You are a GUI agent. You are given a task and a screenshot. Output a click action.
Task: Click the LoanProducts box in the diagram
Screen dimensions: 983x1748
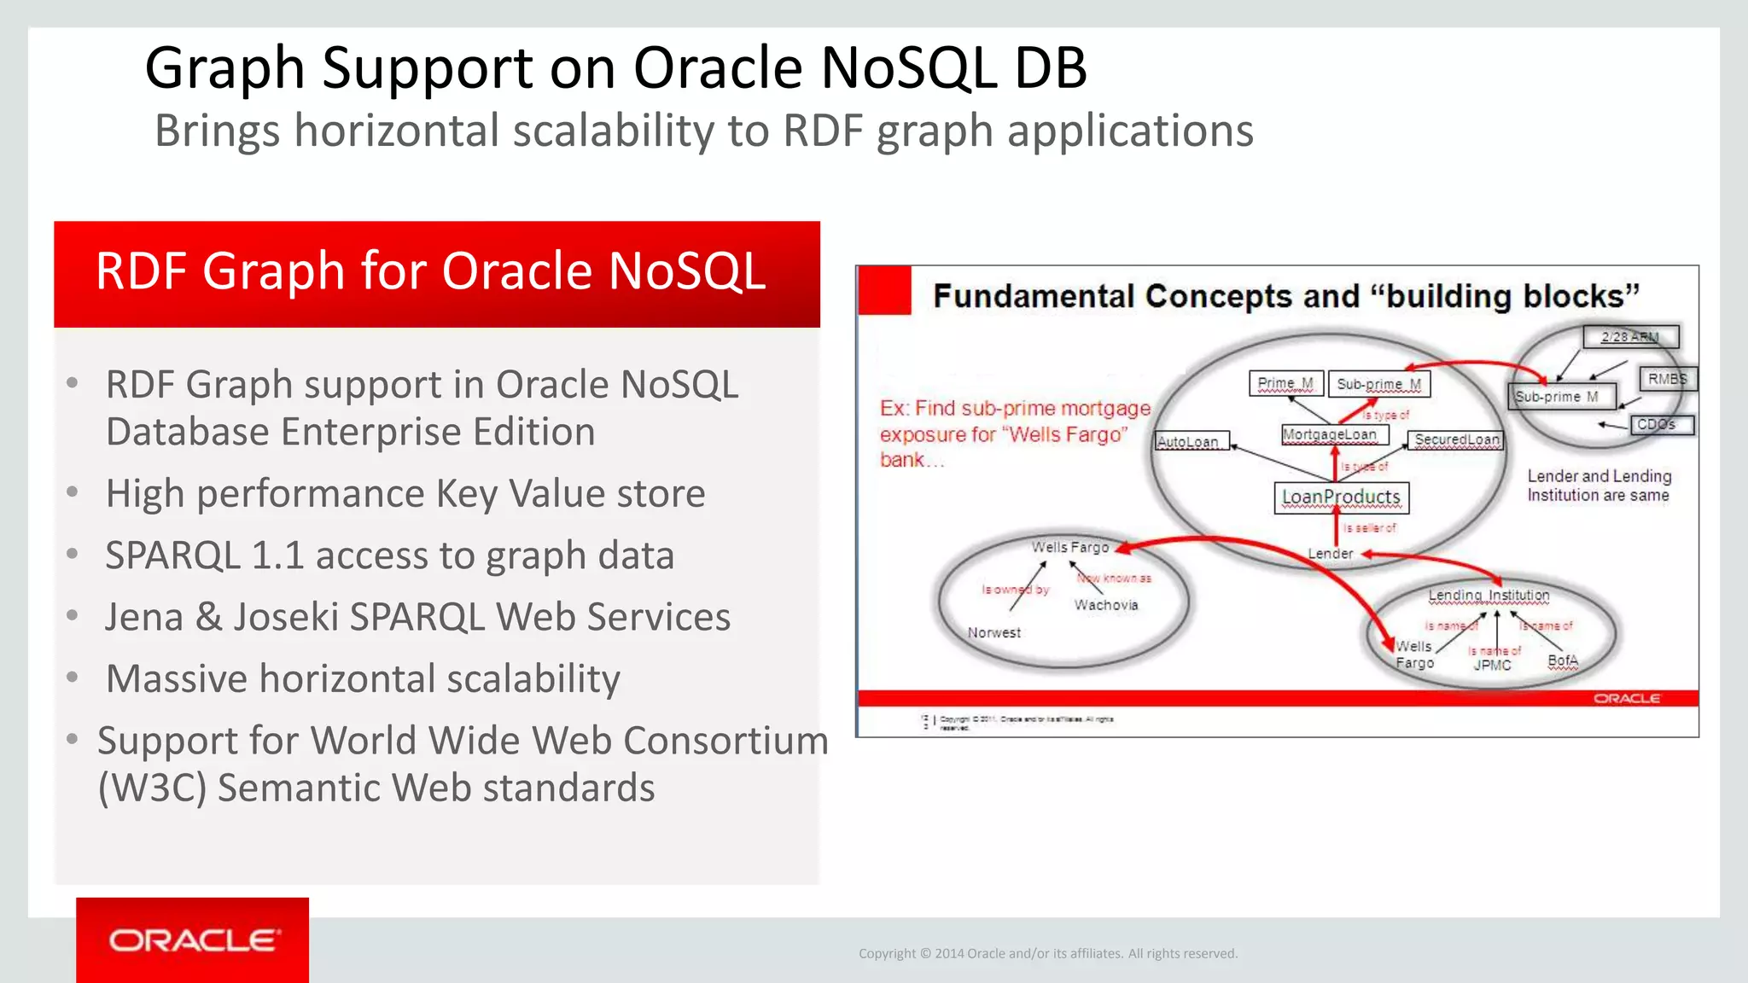1341,497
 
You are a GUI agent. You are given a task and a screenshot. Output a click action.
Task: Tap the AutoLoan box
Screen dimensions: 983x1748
1192,441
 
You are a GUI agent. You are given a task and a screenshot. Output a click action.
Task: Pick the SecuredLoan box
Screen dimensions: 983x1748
1456,439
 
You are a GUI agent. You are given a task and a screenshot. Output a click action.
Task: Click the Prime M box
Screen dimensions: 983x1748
1285,384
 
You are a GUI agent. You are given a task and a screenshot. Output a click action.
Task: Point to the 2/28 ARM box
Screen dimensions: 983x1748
1630,336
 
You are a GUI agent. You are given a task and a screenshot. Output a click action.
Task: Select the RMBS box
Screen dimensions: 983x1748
1667,379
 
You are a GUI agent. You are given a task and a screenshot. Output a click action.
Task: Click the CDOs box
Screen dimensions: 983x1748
1660,424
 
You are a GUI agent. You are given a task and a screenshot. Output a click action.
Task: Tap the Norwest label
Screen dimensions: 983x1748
993,632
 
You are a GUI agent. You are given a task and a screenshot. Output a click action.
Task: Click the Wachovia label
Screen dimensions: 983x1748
1106,605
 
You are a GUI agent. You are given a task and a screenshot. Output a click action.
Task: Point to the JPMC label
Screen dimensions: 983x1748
1492,666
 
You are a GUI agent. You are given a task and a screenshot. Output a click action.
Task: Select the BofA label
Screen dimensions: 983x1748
1563,660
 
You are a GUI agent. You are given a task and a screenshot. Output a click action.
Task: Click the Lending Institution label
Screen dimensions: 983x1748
1489,595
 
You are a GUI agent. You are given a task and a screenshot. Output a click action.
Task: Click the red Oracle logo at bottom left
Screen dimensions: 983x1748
193,940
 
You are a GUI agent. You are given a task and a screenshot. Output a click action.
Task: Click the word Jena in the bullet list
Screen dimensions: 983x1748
143,617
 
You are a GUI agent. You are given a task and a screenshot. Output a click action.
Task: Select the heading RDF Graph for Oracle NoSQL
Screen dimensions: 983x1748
431,271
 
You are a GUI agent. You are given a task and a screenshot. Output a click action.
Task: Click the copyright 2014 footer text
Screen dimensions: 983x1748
1047,953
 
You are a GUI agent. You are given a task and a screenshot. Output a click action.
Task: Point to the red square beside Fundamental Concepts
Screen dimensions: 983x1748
884,291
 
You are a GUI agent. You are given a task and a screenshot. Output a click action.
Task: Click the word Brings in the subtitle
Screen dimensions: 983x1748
217,131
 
